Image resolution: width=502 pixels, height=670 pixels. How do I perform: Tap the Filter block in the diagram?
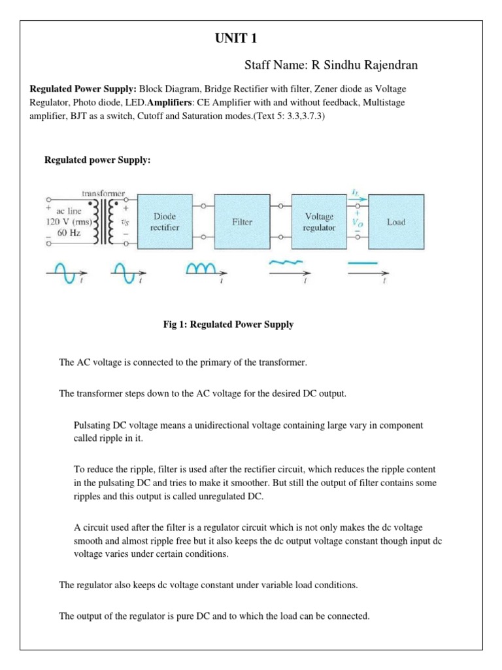pyautogui.click(x=242, y=222)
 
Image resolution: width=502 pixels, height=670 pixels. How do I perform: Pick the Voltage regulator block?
pyautogui.click(x=319, y=221)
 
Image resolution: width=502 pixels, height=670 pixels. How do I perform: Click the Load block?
pyautogui.click(x=395, y=222)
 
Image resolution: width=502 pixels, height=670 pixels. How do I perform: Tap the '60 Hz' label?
pyautogui.click(x=69, y=232)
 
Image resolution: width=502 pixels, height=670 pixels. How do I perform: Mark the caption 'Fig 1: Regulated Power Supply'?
pyautogui.click(x=228, y=325)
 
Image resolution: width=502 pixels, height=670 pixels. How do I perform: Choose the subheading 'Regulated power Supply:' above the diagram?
pyautogui.click(x=97, y=160)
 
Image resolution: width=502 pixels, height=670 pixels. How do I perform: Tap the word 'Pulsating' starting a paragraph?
pyautogui.click(x=92, y=425)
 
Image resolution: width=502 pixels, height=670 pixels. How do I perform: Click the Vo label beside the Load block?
pyautogui.click(x=358, y=222)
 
